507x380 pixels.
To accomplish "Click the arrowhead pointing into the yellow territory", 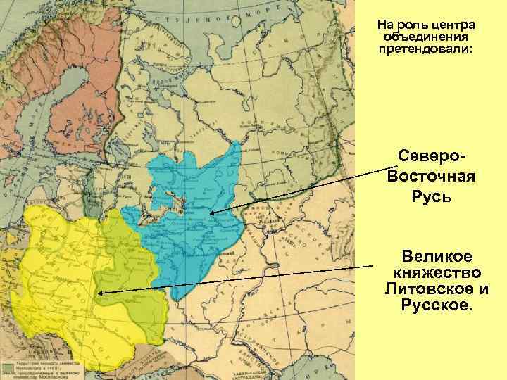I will (x=101, y=293).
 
